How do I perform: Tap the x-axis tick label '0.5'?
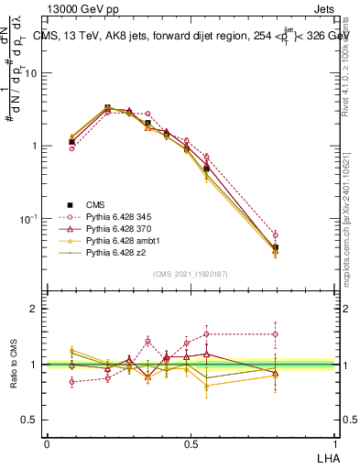[x=190, y=442]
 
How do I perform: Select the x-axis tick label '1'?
[x=333, y=442]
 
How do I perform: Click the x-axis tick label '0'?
[x=47, y=442]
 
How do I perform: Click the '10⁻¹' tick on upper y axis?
[x=29, y=219]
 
